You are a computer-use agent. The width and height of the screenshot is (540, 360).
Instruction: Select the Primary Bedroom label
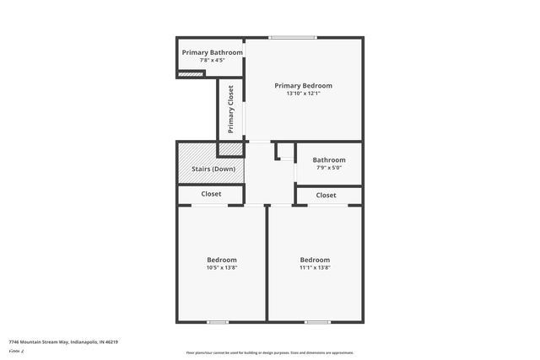click(x=304, y=85)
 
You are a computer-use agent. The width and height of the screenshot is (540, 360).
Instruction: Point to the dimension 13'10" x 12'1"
click(x=304, y=94)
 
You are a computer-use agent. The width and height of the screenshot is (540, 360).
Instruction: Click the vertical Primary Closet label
click(x=230, y=109)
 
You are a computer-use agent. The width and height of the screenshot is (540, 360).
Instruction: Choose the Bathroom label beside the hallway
click(x=329, y=159)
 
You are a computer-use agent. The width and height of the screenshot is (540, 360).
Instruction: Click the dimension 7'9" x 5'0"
click(x=329, y=168)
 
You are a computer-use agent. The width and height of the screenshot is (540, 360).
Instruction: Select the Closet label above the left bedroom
click(x=211, y=194)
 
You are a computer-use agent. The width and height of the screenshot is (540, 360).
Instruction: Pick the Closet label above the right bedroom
click(x=326, y=196)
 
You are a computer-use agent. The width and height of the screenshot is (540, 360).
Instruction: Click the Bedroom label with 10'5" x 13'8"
click(x=222, y=260)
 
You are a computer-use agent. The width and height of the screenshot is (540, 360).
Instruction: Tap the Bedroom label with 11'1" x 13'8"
click(x=315, y=260)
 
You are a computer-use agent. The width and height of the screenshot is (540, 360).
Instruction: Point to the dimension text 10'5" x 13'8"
click(x=222, y=268)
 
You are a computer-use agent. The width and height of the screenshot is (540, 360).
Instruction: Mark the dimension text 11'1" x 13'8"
click(x=315, y=268)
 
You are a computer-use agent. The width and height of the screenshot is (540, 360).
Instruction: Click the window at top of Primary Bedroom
click(x=293, y=37)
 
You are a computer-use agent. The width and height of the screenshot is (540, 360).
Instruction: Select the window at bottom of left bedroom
click(x=218, y=321)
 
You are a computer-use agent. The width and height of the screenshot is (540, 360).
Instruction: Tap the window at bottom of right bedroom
click(x=317, y=321)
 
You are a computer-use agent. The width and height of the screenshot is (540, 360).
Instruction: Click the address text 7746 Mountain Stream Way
click(x=63, y=341)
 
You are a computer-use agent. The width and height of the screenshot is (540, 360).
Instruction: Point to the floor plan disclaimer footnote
click(x=270, y=352)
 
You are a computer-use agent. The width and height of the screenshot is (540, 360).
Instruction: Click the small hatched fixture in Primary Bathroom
click(x=192, y=73)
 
